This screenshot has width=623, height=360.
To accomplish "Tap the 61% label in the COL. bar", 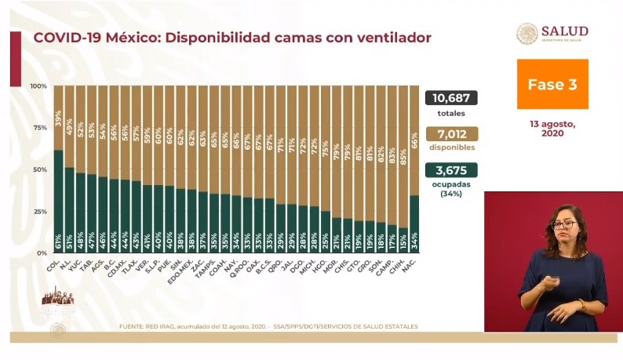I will [x=58, y=239].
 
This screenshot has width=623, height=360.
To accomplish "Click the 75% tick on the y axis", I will [x=38, y=128].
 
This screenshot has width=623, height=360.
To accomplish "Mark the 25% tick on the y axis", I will [x=38, y=212].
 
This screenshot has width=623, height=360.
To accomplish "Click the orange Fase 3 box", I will [x=552, y=84].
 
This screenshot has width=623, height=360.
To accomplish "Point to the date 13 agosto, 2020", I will [x=552, y=129].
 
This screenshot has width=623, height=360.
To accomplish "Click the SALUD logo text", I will [x=563, y=31].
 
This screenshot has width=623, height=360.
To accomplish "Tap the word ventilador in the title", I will [x=380, y=38].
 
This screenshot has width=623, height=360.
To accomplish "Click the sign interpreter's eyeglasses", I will [x=563, y=224].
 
